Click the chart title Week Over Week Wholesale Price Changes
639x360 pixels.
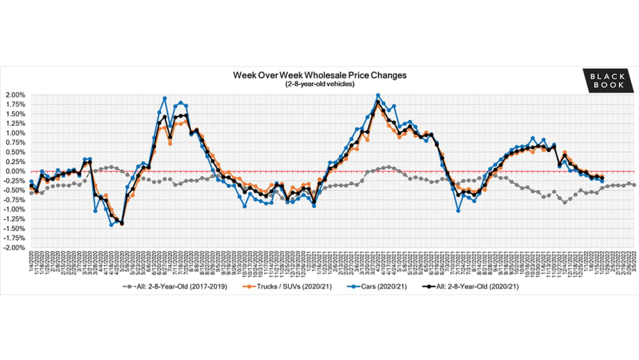(319, 75)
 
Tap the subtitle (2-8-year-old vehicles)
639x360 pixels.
(319, 85)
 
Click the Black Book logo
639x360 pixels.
(608, 81)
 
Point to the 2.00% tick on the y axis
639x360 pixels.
(15, 95)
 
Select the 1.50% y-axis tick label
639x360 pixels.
(15, 114)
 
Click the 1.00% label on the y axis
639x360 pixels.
(15, 133)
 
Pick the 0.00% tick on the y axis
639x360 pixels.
(15, 172)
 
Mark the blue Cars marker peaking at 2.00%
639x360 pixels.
(378, 95)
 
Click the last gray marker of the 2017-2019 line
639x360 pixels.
(634, 185)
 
